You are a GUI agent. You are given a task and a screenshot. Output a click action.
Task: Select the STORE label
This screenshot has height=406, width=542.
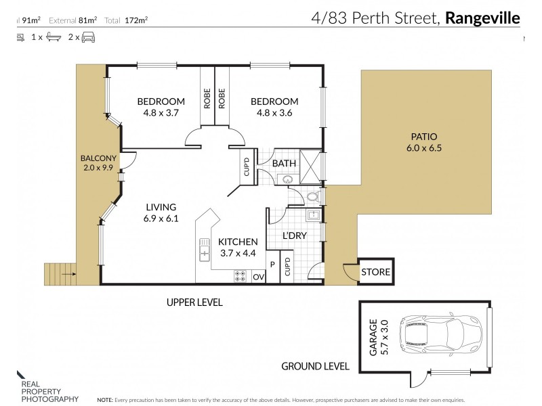point(375,273)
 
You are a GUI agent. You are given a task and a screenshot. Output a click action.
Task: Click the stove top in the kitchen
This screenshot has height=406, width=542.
point(241,276)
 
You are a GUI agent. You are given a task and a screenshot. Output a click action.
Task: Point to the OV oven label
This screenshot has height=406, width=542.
point(257,277)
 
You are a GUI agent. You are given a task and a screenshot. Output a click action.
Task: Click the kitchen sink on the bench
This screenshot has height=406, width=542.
point(204,250)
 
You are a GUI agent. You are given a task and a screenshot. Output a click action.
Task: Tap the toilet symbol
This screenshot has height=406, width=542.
point(312,198)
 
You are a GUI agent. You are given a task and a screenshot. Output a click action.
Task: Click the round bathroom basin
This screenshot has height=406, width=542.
point(287,181)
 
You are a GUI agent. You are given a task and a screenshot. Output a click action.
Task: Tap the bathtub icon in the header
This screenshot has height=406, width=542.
point(50,38)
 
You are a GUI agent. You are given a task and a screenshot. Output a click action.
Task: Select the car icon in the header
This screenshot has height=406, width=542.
point(88,38)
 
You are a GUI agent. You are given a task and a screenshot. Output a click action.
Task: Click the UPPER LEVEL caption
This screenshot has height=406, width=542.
point(194,302)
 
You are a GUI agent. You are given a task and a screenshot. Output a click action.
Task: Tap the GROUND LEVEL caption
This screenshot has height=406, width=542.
point(315,366)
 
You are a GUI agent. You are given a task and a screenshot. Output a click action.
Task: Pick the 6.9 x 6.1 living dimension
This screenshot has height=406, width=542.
point(160,219)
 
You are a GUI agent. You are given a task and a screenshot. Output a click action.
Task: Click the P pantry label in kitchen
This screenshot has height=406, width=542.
point(272,264)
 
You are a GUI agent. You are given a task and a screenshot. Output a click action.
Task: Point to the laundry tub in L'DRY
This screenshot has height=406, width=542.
point(314,216)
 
